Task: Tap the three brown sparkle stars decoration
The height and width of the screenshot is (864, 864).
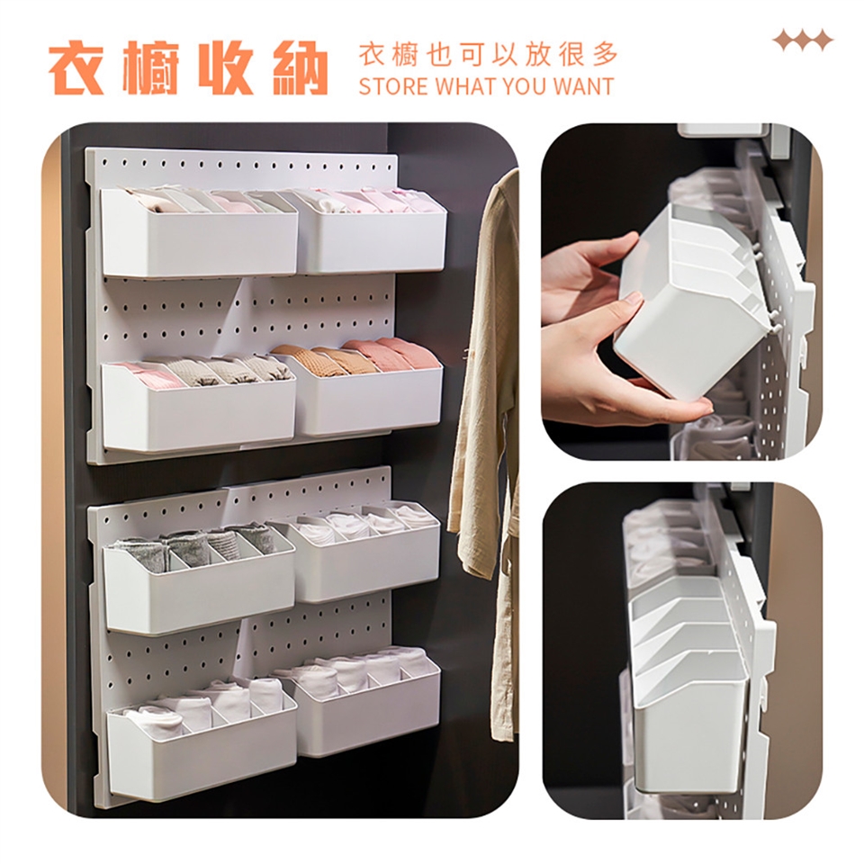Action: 803,40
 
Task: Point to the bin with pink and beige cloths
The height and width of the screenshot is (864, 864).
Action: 198,403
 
